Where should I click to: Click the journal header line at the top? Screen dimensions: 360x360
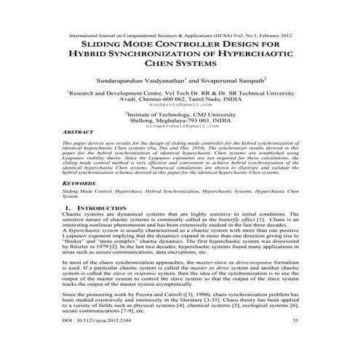click(x=180, y=34)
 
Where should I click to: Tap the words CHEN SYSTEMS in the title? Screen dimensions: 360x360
click(x=180, y=64)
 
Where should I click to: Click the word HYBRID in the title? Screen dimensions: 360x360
click(x=91, y=53)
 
